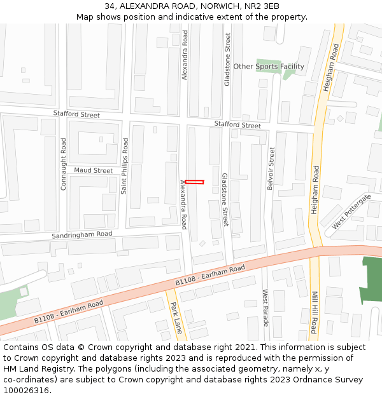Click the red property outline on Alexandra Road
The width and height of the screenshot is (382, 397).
click(194, 182)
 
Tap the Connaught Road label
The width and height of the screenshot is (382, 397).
click(63, 165)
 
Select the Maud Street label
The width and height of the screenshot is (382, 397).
click(93, 170)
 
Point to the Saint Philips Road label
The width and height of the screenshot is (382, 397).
click(125, 166)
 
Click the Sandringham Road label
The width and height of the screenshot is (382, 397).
click(82, 235)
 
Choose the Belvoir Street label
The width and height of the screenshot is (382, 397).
click(272, 169)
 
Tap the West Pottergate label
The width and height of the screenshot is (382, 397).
click(351, 212)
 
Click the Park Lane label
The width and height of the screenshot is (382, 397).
click(176, 317)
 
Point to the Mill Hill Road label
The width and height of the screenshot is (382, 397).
click(314, 313)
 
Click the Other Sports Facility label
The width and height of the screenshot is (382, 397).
click(269, 66)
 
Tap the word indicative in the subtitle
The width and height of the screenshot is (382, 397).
click(195, 17)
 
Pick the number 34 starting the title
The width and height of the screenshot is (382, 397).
click(110, 6)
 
